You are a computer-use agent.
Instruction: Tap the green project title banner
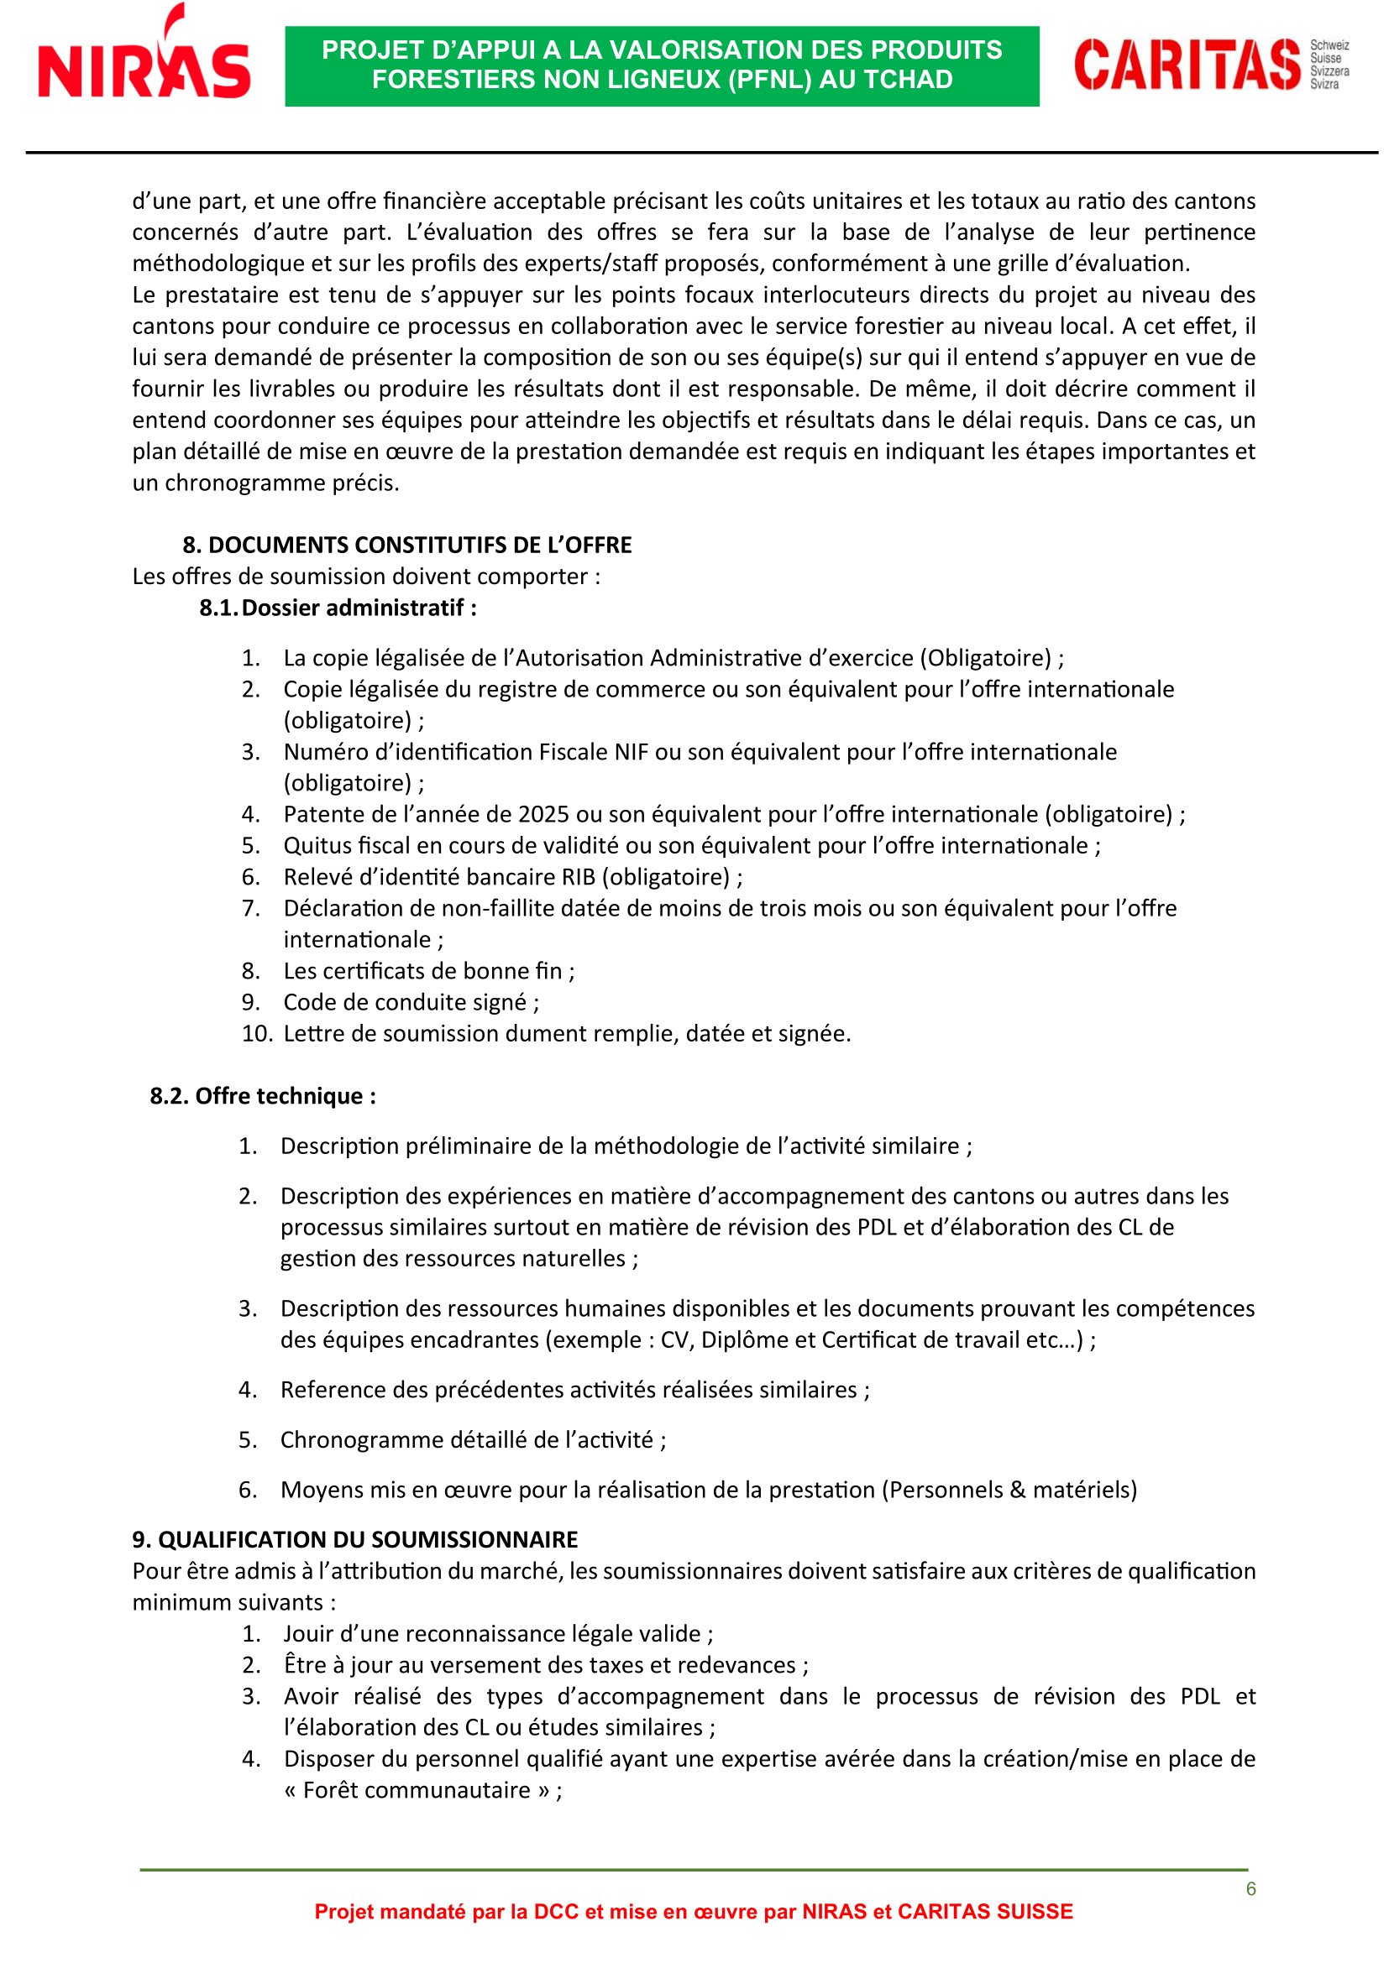click(661, 65)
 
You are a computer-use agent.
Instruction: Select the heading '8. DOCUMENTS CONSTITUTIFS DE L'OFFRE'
click(407, 545)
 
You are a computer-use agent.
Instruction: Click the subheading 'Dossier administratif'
click(359, 608)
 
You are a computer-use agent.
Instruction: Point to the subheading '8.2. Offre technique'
click(263, 1096)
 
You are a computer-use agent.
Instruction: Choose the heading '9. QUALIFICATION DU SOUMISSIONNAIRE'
click(355, 1539)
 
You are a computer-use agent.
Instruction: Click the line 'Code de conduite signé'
click(411, 1002)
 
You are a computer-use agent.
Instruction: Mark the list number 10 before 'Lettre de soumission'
click(256, 1034)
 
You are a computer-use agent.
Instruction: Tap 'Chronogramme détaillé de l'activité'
click(472, 1440)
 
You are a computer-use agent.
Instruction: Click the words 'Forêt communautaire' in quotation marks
click(417, 1789)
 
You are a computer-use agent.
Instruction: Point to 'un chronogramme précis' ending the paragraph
click(265, 483)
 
